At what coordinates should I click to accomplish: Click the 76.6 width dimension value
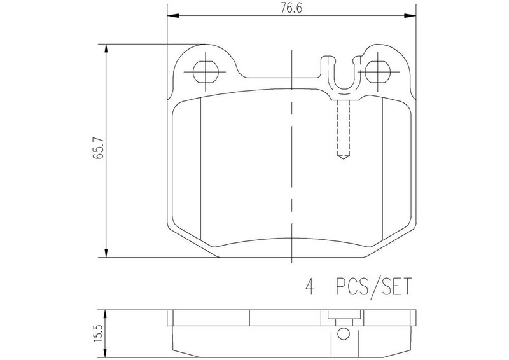[291, 8]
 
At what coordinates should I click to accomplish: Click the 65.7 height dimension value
[98, 148]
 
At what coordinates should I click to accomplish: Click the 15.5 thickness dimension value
[99, 333]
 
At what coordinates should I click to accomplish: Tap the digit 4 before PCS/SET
[310, 286]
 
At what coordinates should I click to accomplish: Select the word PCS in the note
[352, 286]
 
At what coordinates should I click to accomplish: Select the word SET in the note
[396, 286]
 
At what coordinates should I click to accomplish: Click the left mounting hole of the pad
[205, 71]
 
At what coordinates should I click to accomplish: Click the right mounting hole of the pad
[377, 71]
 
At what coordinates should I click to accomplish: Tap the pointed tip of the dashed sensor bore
[344, 160]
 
